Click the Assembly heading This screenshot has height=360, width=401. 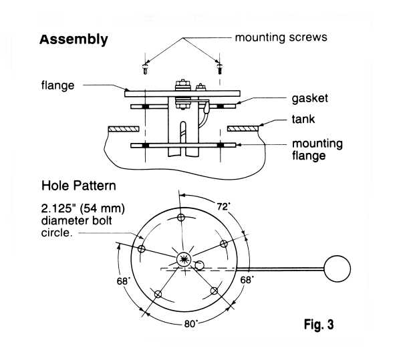coord(74,39)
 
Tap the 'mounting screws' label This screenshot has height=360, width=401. coord(281,37)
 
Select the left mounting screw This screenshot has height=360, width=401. coord(145,69)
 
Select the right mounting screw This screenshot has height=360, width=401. coord(220,69)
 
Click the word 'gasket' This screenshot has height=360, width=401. coord(309,98)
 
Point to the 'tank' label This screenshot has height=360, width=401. coord(303,119)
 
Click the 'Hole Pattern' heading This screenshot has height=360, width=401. coord(78,186)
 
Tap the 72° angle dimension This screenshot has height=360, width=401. coord(223,206)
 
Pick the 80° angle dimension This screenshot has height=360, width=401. coord(190,324)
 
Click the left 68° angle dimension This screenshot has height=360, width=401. coord(124,281)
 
